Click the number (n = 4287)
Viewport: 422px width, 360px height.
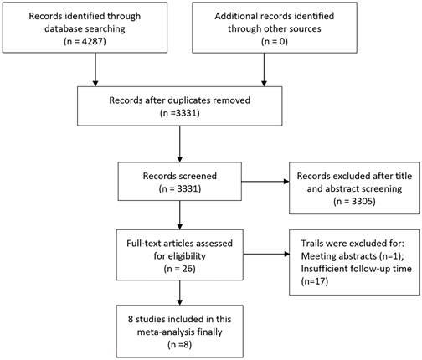[x=85, y=41]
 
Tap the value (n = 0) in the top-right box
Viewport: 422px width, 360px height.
[x=275, y=41]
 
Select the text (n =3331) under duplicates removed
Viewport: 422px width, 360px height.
[x=180, y=113]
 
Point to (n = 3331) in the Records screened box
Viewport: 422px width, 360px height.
[x=180, y=188]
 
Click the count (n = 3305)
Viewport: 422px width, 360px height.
[x=354, y=201]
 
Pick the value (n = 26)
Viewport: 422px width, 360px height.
[x=180, y=269]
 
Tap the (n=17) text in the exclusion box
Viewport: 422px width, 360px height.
[x=315, y=281]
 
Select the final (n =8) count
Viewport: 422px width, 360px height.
[x=180, y=344]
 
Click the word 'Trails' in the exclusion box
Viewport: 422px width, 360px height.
[x=311, y=244]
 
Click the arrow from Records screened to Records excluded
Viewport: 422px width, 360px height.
[x=265, y=182]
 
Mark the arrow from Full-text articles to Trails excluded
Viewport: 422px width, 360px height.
[x=266, y=254]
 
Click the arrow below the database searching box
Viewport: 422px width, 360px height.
[x=95, y=69]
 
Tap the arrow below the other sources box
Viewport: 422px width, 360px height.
[x=264, y=69]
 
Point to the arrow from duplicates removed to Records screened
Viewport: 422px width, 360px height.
[x=180, y=144]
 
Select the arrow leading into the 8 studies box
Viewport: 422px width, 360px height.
[x=180, y=293]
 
